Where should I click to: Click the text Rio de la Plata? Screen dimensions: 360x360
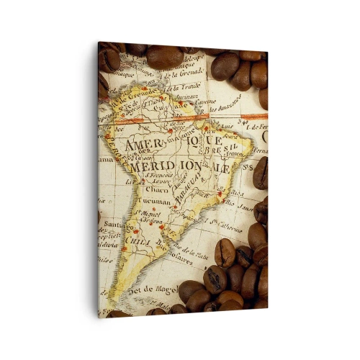193,252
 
